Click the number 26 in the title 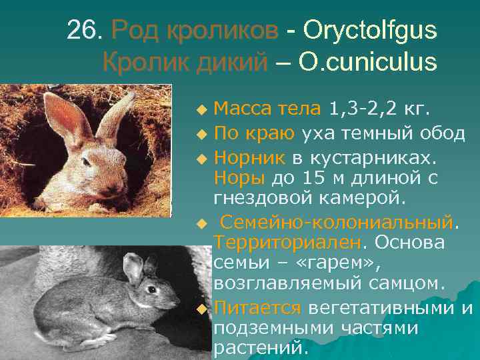[85, 30]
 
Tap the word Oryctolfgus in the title [369, 30]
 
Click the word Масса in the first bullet [239, 109]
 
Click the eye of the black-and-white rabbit [152, 289]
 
